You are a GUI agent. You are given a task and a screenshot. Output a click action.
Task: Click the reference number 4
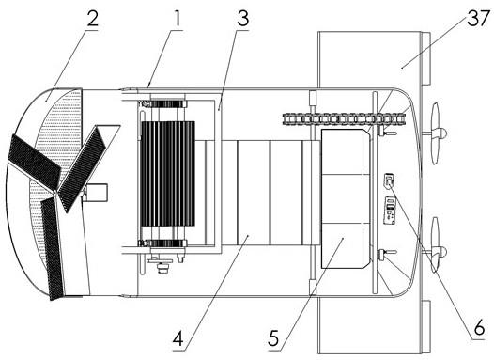(178, 338)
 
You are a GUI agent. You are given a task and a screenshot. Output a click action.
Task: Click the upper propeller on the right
(437, 133)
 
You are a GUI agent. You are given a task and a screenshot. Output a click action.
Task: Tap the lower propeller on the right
(437, 245)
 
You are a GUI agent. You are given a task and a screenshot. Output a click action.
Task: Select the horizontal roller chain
(344, 119)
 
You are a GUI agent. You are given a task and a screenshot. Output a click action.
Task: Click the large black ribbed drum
(168, 174)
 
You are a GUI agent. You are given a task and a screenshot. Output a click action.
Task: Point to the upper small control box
(389, 180)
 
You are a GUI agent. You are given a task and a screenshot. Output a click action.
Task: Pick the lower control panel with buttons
(390, 211)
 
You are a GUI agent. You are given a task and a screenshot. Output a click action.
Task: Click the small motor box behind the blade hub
(96, 193)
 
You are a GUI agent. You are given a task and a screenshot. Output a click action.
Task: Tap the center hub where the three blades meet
(55, 192)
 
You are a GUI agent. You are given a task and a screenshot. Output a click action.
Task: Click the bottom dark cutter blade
(54, 247)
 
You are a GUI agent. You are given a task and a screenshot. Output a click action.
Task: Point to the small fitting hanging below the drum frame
(162, 264)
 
